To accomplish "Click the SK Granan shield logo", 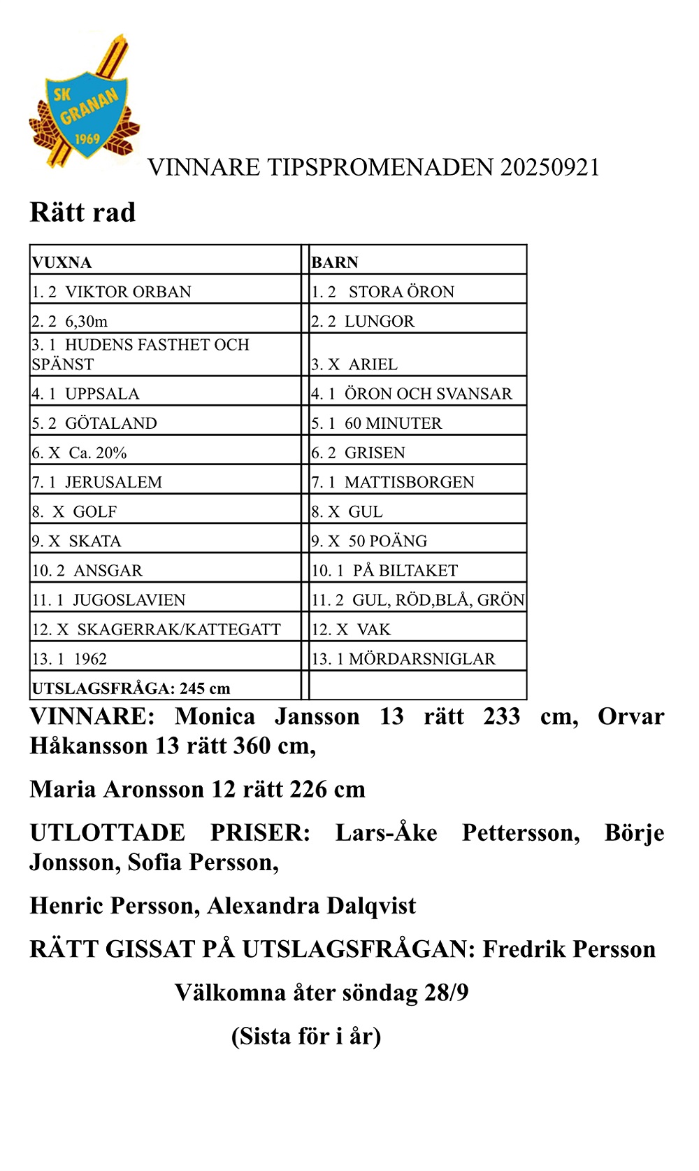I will (x=84, y=105).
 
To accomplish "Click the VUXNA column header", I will (x=62, y=262).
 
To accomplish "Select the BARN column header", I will (x=335, y=262).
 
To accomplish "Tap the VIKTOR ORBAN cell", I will (x=112, y=292).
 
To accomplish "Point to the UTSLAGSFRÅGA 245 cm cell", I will (x=131, y=688).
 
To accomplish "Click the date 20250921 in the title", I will (x=550, y=167).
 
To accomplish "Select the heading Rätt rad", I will (x=82, y=212).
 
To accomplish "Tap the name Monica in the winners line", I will (x=215, y=716).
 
